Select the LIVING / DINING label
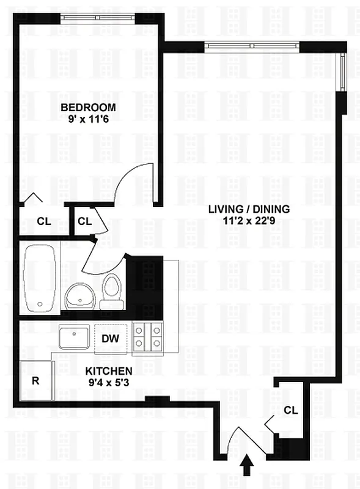[249, 208]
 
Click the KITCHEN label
[109, 371]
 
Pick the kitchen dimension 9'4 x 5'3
[109, 383]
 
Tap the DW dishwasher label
[110, 338]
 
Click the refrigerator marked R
[36, 380]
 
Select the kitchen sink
[75, 337]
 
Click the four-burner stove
[148, 338]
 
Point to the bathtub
[40, 278]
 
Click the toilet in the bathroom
[112, 292]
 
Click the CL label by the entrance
[291, 410]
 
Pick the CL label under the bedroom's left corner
[43, 221]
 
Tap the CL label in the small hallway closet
[85, 221]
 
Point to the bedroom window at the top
[98, 17]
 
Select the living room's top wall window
[252, 46]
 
